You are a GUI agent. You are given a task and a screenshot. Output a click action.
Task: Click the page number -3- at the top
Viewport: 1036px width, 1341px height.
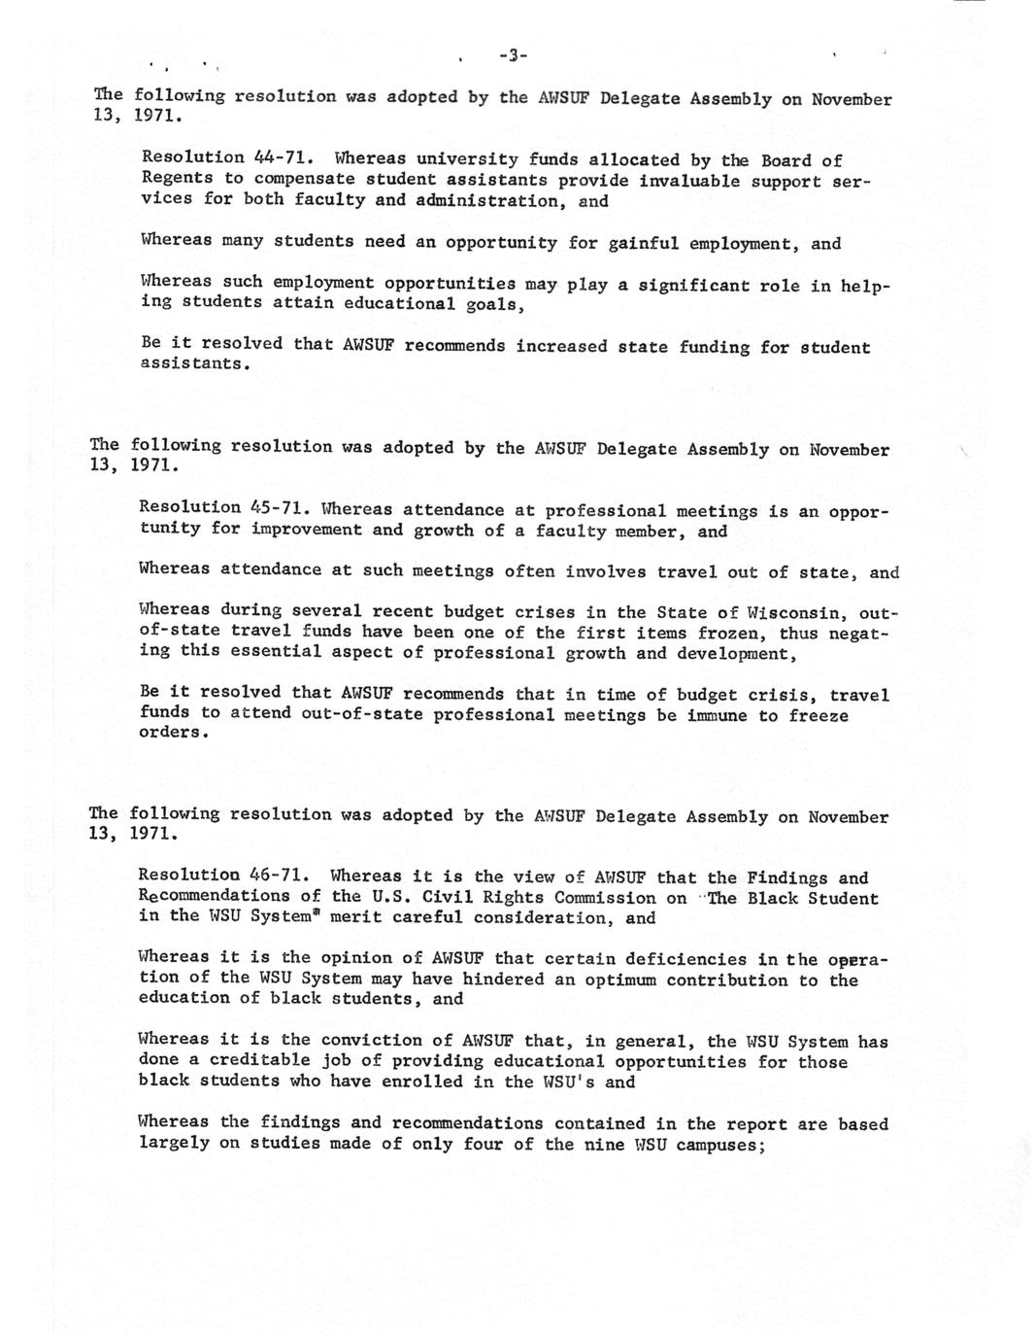click(513, 55)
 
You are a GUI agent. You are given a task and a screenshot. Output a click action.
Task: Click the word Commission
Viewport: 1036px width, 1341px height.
click(605, 898)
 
